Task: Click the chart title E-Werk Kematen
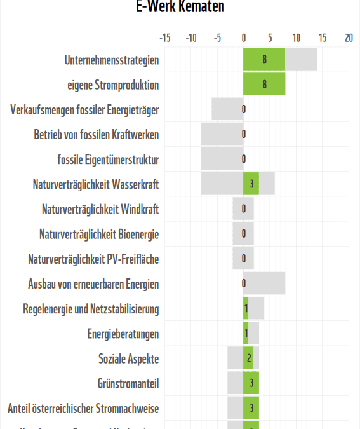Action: pos(180,7)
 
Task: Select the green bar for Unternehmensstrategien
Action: pos(264,60)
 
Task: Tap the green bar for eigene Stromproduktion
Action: pos(264,85)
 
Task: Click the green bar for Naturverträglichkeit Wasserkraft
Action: pos(251,184)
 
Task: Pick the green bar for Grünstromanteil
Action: pos(251,383)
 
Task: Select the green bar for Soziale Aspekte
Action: pos(248,358)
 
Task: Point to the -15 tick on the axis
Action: pos(164,38)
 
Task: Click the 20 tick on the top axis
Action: pos(349,38)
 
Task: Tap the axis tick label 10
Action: pos(296,38)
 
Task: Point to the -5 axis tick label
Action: pos(217,38)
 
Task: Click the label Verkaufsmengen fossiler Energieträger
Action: pos(84,110)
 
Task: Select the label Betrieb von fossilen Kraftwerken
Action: pos(97,135)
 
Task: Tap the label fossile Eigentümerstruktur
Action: pos(108,160)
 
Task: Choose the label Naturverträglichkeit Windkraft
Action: pos(100,209)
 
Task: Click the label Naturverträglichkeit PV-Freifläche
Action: pos(93,259)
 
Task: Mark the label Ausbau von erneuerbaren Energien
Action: pos(93,284)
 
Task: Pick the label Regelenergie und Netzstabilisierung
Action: pos(91,309)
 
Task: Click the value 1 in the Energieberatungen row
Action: pos(246,334)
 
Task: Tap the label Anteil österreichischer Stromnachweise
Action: pos(83,408)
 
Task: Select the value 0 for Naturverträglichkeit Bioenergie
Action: pos(244,234)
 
